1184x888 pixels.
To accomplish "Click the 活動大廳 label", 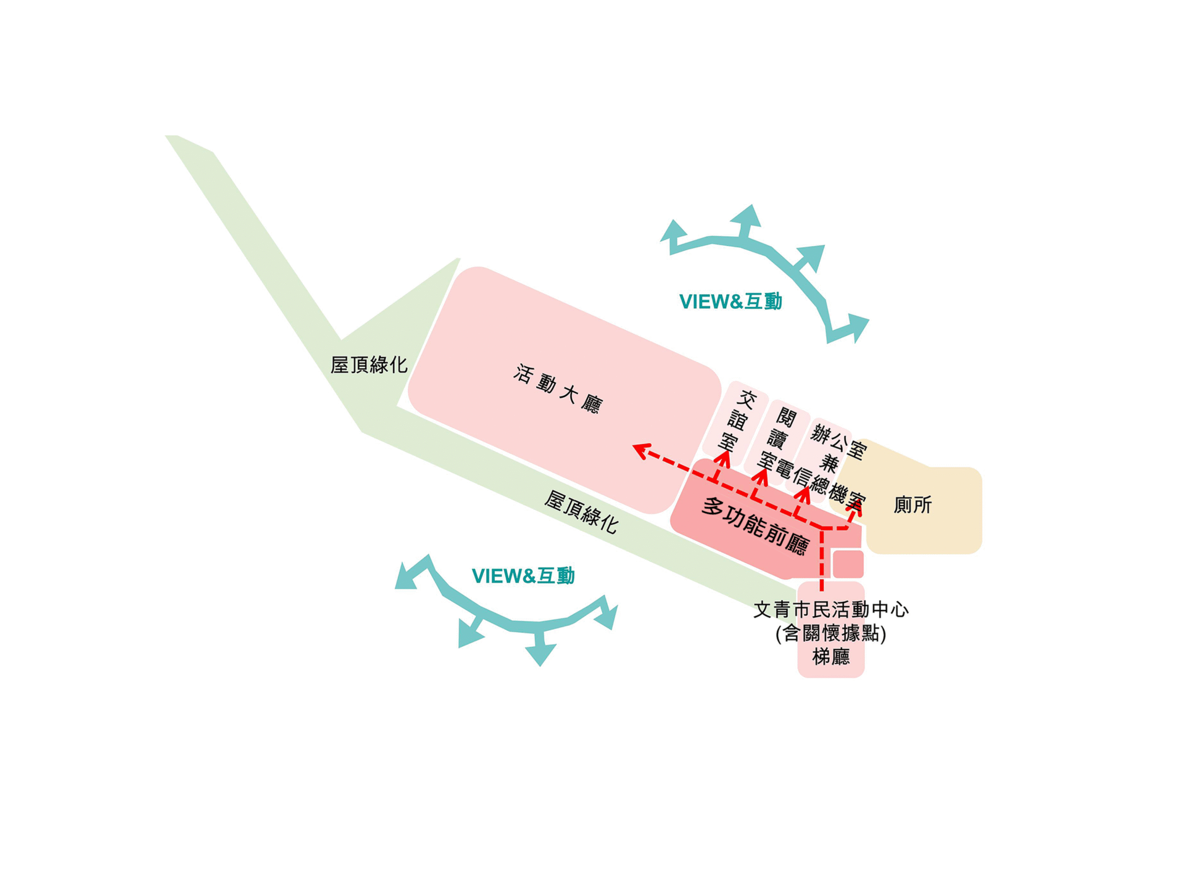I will [x=558, y=389].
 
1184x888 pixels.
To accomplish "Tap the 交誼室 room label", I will [x=737, y=421].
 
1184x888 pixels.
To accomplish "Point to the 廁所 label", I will [x=913, y=505].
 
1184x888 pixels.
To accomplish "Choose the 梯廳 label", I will [x=831, y=657].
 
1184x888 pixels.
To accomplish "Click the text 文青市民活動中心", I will [x=831, y=610].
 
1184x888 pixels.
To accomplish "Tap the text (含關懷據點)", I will [x=831, y=633].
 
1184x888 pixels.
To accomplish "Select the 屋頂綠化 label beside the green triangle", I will [x=369, y=364].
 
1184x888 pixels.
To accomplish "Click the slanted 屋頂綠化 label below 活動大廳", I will [x=581, y=512].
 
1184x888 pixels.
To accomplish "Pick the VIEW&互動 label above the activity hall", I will [x=731, y=302].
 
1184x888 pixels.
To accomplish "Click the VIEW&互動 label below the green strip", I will [x=523, y=576].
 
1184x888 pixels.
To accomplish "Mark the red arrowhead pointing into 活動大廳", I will [x=642, y=451].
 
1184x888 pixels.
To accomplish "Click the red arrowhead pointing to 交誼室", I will [x=723, y=458].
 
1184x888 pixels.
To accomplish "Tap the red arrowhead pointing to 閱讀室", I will [x=762, y=476].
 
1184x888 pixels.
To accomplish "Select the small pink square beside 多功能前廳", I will [x=848, y=564].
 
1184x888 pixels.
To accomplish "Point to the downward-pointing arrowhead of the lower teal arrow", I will [x=540, y=655].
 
